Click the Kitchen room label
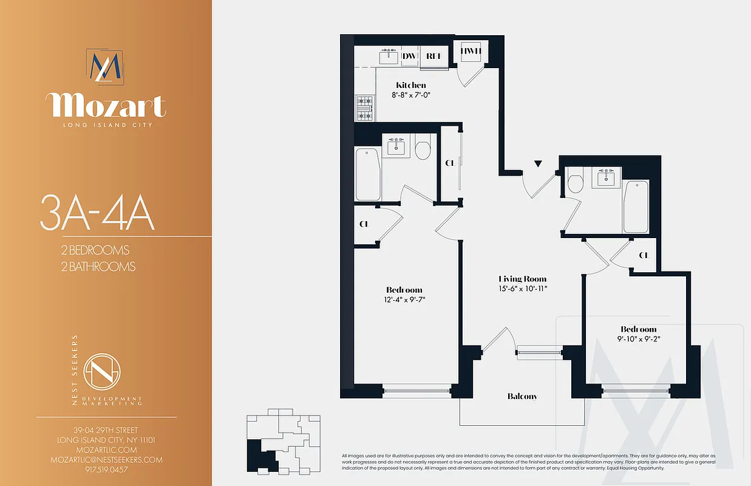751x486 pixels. click(411, 85)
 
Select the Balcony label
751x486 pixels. click(522, 396)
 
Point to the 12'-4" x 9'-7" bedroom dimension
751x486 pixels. click(404, 299)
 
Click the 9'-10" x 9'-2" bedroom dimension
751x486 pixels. click(638, 340)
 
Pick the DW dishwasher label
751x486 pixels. click(409, 56)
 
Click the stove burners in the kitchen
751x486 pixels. click(364, 108)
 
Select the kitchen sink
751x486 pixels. click(389, 57)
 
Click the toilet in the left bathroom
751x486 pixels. click(423, 149)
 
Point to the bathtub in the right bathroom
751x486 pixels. click(635, 206)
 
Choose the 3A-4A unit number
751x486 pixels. click(97, 213)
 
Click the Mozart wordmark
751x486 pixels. click(106, 106)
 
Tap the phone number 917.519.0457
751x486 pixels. click(106, 470)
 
